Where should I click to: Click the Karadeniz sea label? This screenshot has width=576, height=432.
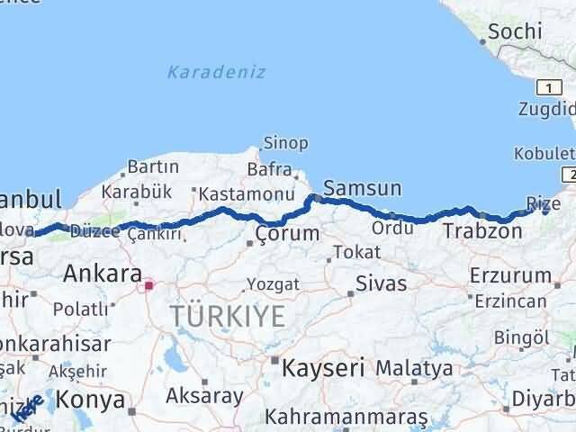coord(216,71)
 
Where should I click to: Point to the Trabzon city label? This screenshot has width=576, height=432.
coord(481,231)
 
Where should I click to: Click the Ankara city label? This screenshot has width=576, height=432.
coord(103,274)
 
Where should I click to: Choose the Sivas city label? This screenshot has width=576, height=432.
coord(381,284)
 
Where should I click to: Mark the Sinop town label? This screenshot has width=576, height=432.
coord(285,143)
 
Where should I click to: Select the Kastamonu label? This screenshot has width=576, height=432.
coord(246,193)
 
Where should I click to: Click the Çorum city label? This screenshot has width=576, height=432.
coord(286,234)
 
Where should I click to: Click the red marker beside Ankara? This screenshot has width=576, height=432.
coord(148,288)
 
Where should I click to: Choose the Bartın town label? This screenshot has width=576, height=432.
coord(153,166)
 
